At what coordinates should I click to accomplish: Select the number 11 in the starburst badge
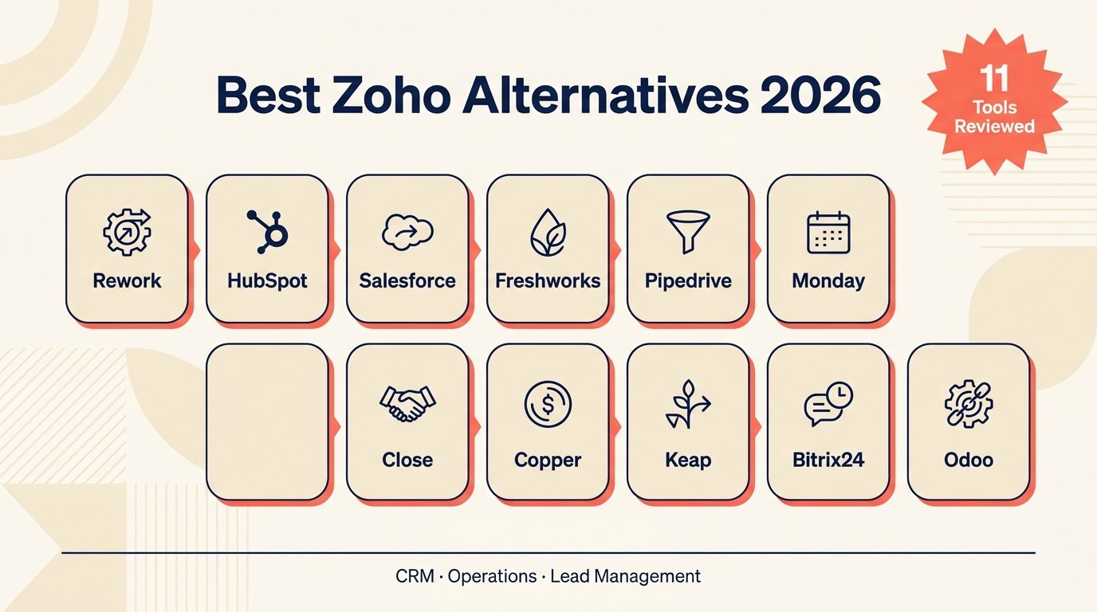click(995, 79)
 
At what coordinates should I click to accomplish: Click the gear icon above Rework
click(127, 232)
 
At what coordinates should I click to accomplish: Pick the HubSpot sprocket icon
click(268, 232)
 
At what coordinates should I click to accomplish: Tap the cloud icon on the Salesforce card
click(407, 232)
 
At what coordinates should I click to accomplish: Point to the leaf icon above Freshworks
click(548, 232)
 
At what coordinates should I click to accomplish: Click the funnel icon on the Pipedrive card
click(688, 232)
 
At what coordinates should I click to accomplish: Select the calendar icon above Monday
click(828, 233)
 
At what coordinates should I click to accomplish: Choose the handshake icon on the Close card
click(407, 404)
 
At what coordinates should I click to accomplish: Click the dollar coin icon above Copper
click(548, 404)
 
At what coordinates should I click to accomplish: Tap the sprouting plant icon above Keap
click(687, 404)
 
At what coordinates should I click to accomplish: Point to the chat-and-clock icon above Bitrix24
click(828, 404)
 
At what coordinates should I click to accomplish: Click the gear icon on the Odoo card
click(968, 404)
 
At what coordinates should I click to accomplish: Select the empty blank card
click(267, 422)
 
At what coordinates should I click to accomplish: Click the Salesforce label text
click(407, 281)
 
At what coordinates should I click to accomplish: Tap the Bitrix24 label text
click(828, 460)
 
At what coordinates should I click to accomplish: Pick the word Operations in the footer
click(492, 576)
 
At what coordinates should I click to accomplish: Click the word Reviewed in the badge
click(995, 126)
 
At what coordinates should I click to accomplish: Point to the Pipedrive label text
click(688, 281)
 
